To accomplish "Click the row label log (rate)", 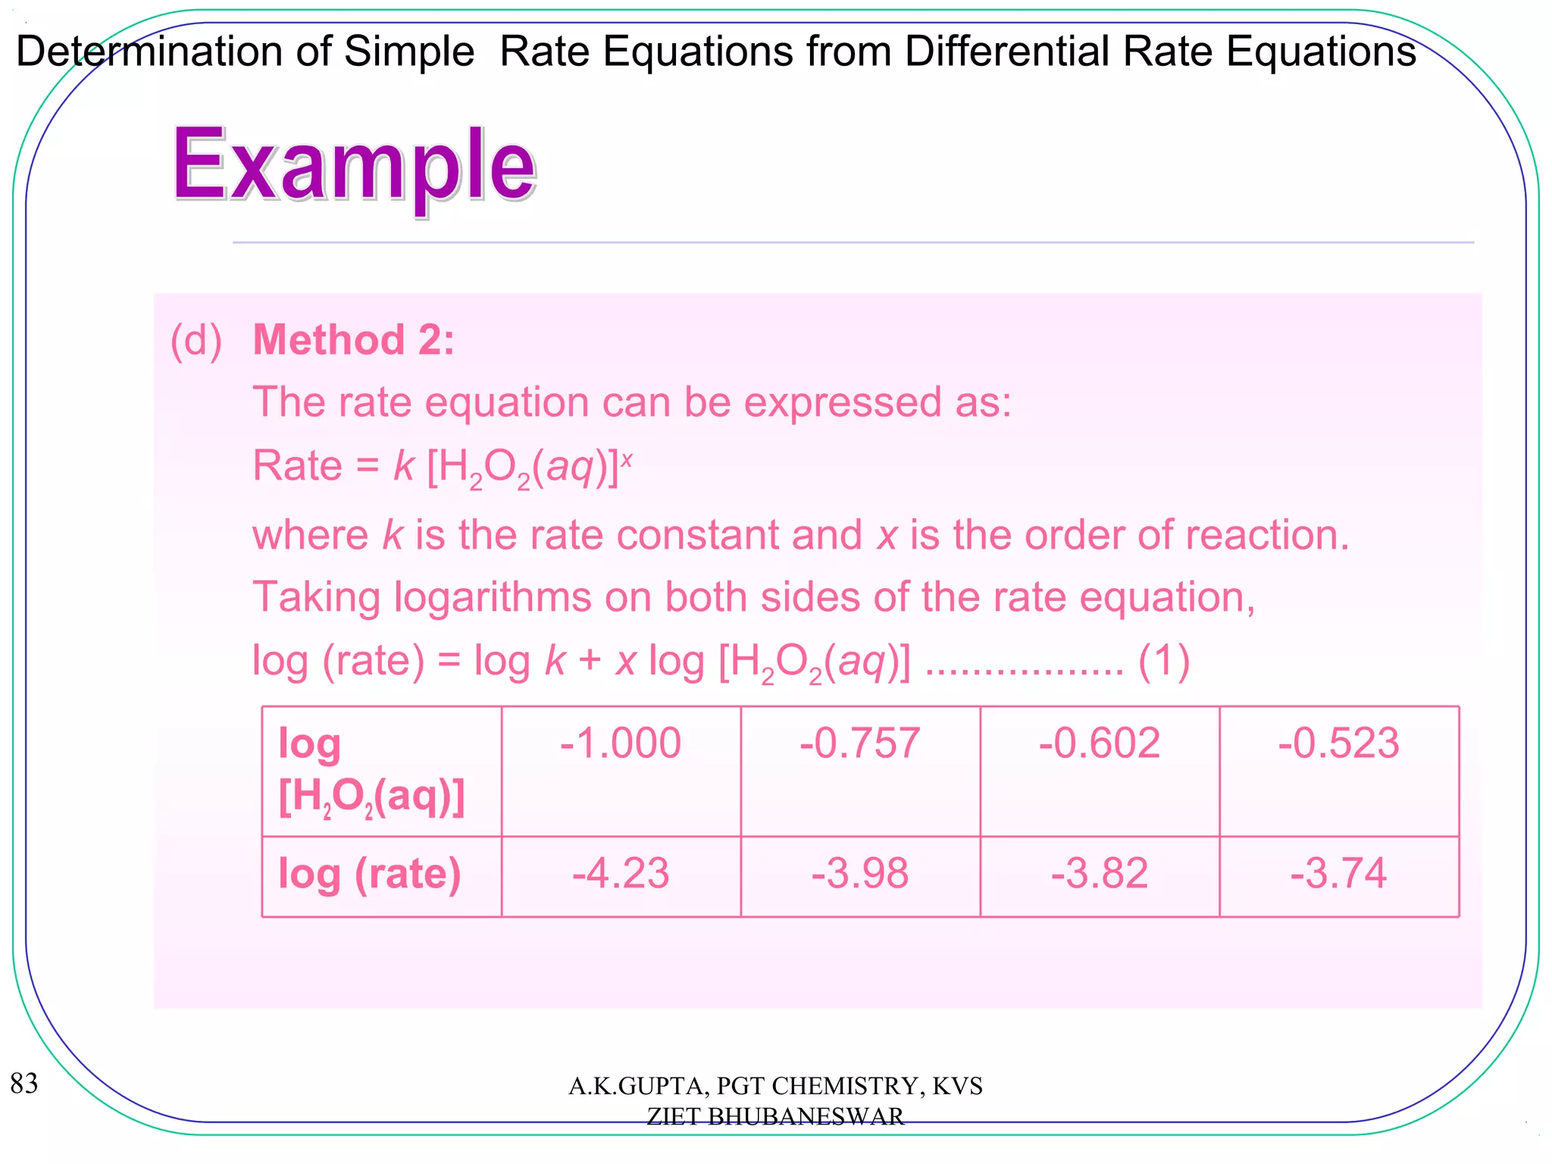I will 370,875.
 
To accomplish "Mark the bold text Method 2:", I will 354,339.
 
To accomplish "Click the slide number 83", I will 24,1084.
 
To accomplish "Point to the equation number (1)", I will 1164,661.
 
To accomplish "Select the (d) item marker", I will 196,340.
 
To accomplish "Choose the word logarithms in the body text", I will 493,597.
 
